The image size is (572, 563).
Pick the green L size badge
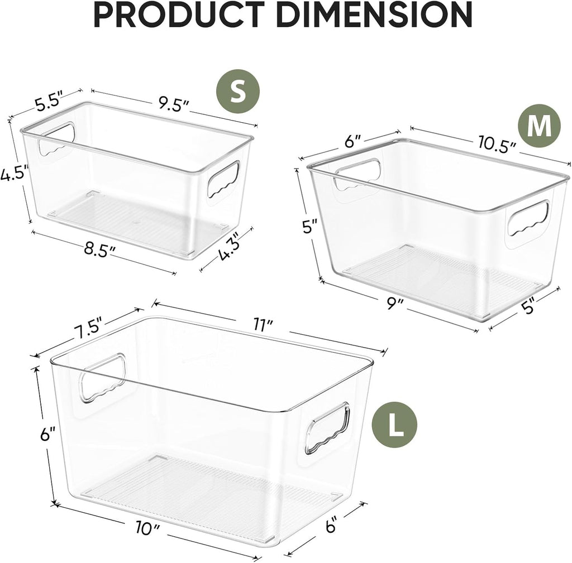tap(395, 429)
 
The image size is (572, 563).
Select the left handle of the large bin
tap(102, 377)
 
